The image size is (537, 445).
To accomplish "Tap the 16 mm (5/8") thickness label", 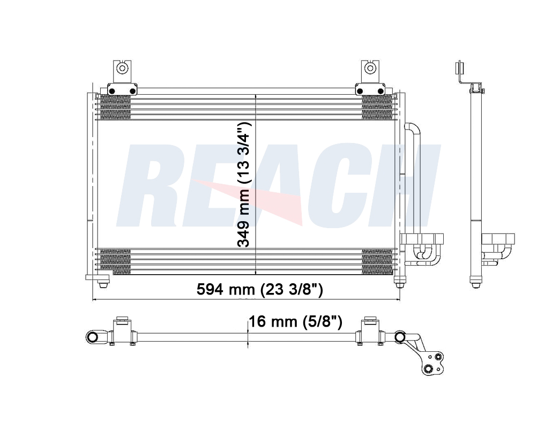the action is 295,322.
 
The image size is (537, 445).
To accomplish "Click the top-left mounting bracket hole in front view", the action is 122,68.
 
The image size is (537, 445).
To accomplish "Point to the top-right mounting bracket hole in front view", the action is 370,68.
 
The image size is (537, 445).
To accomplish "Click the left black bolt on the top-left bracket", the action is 111,91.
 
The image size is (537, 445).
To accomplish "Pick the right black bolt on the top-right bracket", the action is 380,91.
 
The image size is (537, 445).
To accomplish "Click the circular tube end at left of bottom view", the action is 93,337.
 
